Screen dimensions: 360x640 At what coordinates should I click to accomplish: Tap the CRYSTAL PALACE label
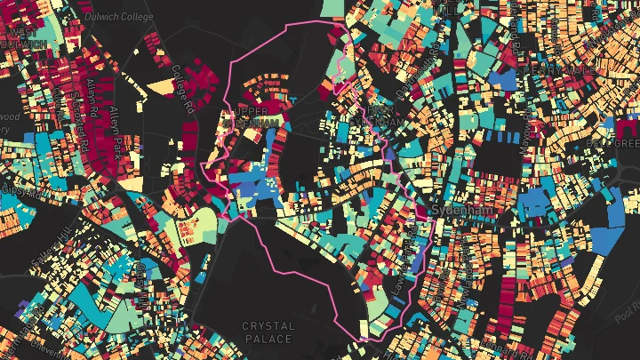(x=268, y=332)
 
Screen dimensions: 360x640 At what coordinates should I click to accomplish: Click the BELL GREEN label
(x=613, y=142)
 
